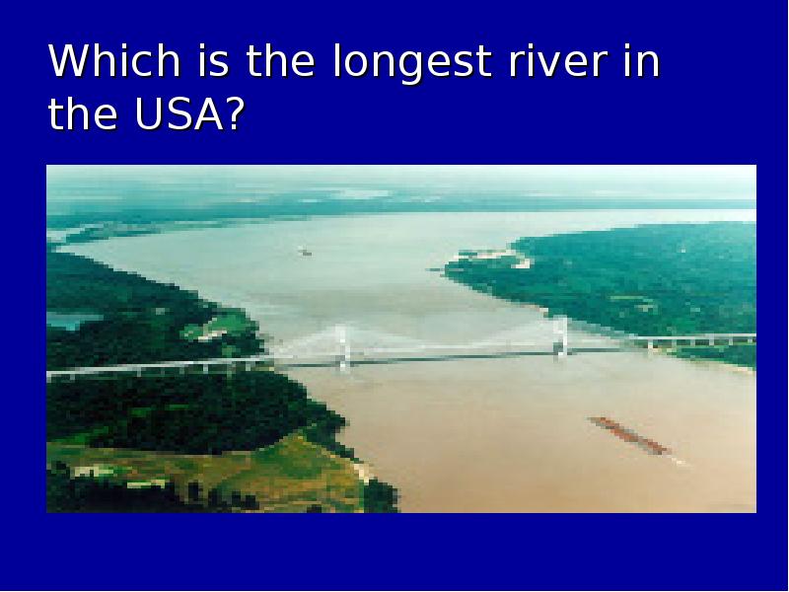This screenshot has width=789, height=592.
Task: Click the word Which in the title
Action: pyautogui.click(x=114, y=60)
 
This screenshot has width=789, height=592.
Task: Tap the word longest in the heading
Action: pyautogui.click(x=412, y=62)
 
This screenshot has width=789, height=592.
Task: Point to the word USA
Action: pyautogui.click(x=179, y=113)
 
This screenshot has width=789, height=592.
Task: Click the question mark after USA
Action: pyautogui.click(x=235, y=113)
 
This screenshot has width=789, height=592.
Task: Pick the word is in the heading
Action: pyautogui.click(x=213, y=60)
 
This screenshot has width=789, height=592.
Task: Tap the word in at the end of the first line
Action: pyautogui.click(x=642, y=60)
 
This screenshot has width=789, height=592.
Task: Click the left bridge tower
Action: pyautogui.click(x=342, y=348)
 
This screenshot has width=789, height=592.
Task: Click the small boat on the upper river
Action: pyautogui.click(x=305, y=252)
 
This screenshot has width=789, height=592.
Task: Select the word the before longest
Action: pyautogui.click(x=280, y=60)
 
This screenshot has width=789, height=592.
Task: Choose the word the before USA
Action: pyautogui.click(x=83, y=113)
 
